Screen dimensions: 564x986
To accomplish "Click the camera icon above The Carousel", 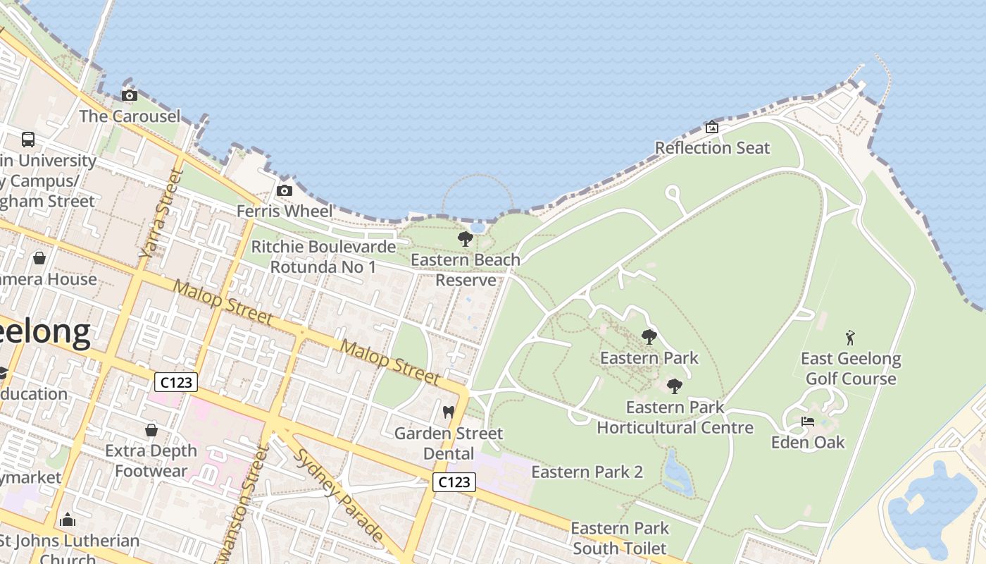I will [129, 96].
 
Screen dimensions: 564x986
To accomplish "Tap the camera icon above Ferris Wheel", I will [285, 191].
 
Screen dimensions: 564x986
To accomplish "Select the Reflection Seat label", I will [712, 148].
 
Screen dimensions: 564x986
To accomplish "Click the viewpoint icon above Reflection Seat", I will [712, 128].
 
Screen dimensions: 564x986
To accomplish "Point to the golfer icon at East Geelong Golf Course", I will [850, 338].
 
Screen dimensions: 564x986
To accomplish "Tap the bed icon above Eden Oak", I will [808, 422].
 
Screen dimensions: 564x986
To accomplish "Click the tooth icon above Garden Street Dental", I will [448, 412].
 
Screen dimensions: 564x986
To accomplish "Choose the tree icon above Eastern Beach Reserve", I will [465, 239].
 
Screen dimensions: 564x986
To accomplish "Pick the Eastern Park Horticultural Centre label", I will [675, 417].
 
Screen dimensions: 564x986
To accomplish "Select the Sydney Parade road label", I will [338, 493].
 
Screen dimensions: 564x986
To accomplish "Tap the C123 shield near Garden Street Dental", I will [454, 482].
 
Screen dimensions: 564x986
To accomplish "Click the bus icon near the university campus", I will [28, 140].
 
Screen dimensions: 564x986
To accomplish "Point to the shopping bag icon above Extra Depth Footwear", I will [151, 429].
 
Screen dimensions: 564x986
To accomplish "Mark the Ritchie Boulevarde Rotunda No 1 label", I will [323, 257].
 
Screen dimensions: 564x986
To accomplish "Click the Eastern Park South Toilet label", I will [619, 538].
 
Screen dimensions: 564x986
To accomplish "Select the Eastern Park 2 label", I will [587, 472].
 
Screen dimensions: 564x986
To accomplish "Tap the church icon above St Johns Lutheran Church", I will [68, 520].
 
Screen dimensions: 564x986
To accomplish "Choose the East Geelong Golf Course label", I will [851, 369].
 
